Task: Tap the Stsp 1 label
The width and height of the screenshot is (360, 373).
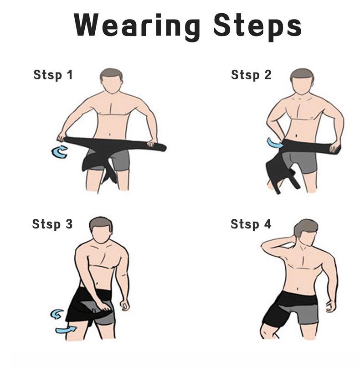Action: pyautogui.click(x=53, y=75)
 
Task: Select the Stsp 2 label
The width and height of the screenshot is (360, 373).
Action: pyautogui.click(x=251, y=75)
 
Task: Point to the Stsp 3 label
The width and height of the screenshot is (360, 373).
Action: pyautogui.click(x=52, y=224)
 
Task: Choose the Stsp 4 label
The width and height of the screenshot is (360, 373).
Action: pyautogui.click(x=251, y=224)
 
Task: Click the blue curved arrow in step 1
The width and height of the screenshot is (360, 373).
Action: pyautogui.click(x=59, y=152)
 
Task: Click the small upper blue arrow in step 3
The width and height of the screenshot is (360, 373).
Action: pyautogui.click(x=57, y=314)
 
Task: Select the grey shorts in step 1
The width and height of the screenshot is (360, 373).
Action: pyautogui.click(x=120, y=160)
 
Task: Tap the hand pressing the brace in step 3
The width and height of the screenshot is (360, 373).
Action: pyautogui.click(x=104, y=306)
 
